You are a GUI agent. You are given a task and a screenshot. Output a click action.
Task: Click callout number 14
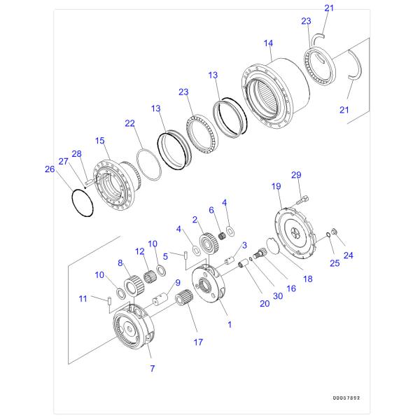[268, 43]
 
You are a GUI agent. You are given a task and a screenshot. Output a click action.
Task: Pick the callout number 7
[152, 368]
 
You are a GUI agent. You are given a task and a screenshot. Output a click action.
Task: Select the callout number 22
[129, 123]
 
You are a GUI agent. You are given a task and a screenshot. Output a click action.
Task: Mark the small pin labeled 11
[112, 302]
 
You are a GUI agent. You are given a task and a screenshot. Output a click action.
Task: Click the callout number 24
[348, 255]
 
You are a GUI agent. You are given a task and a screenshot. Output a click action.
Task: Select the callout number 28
[77, 153]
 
